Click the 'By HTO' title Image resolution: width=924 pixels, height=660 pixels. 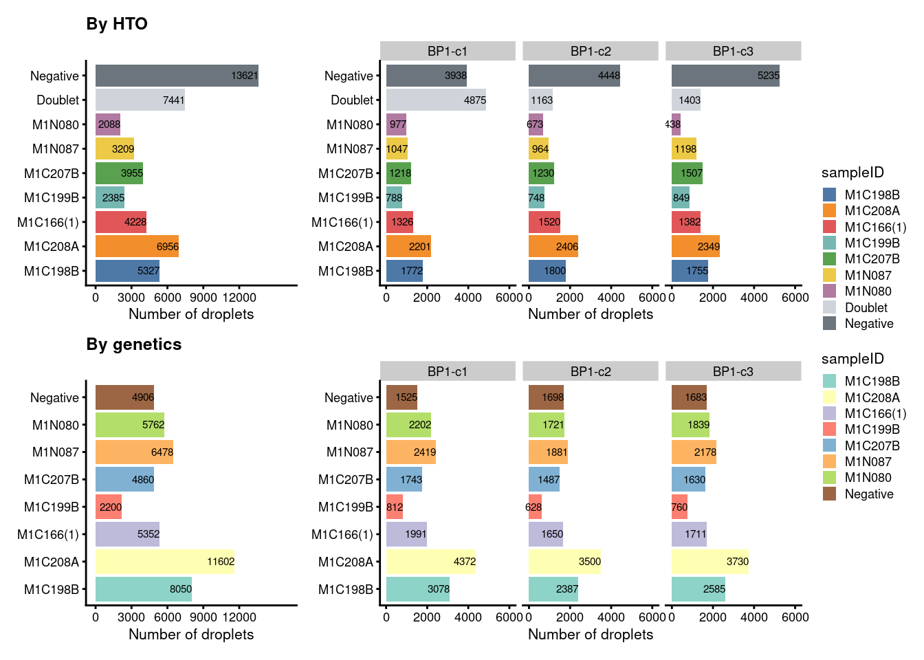click(x=117, y=24)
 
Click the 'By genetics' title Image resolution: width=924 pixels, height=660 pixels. click(x=134, y=344)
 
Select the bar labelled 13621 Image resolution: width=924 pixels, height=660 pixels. click(x=177, y=76)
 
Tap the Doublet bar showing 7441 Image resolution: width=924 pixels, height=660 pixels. click(x=140, y=100)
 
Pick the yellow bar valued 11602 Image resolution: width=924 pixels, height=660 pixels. click(x=165, y=562)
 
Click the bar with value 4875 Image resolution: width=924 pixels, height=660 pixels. click(x=436, y=100)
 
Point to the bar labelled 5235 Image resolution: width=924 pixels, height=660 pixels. click(x=725, y=76)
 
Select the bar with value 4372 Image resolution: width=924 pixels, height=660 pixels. click(x=431, y=562)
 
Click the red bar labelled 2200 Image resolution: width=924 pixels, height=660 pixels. click(x=109, y=507)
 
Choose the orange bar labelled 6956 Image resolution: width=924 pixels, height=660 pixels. click(x=137, y=246)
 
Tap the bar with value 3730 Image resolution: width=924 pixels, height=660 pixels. click(x=710, y=562)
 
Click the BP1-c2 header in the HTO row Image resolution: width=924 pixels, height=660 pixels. click(x=591, y=51)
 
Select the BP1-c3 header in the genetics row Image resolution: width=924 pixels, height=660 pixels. click(x=733, y=371)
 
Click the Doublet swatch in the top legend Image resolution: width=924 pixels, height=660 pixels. click(x=829, y=307)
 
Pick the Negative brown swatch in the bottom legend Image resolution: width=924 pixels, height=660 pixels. click(x=829, y=494)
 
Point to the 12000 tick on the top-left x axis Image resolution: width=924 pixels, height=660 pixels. click(x=239, y=298)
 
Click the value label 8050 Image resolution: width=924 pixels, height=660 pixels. click(x=181, y=589)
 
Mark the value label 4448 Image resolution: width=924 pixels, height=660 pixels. click(x=609, y=76)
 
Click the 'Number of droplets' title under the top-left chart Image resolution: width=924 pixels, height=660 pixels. click(x=191, y=314)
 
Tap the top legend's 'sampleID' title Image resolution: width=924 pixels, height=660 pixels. click(x=852, y=173)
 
